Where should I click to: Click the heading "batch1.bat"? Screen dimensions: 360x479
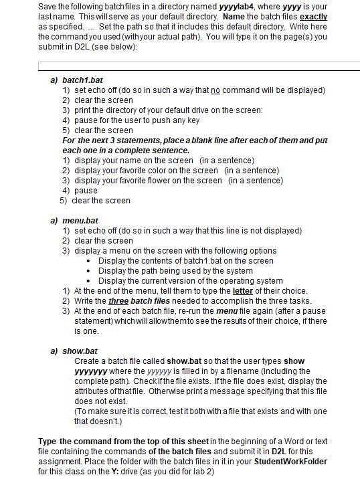click(82, 79)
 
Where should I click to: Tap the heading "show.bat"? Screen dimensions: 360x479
click(80, 350)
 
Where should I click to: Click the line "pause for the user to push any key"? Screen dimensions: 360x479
click(137, 120)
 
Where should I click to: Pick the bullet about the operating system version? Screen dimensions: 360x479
click(190, 280)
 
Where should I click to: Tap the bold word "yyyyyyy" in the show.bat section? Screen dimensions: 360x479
click(90, 371)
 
